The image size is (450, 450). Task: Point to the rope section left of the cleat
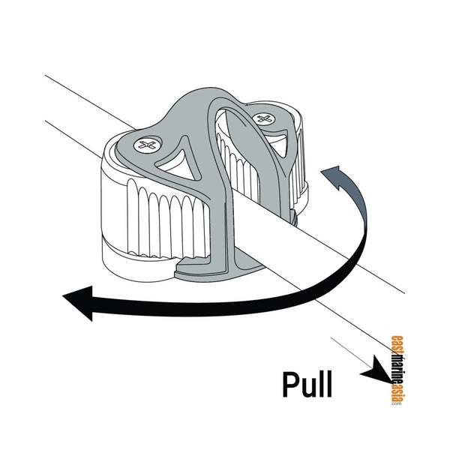point(82,105)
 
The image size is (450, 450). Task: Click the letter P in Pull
point(291,384)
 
